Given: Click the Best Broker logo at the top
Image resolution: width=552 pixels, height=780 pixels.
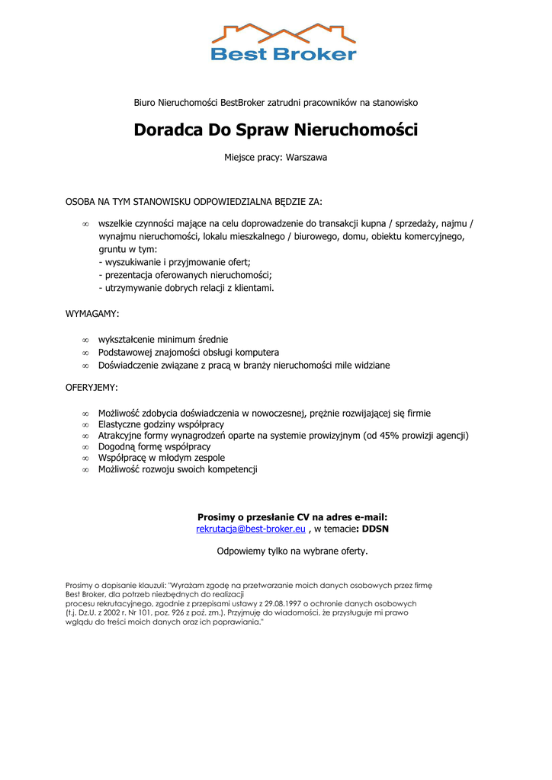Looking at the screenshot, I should click(283, 42).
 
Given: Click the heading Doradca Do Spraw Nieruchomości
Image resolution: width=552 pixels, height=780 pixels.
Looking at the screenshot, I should click(276, 129).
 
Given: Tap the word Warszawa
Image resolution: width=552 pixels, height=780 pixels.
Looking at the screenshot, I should click(306, 158).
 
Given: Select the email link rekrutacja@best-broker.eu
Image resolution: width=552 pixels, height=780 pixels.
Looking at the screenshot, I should click(251, 529).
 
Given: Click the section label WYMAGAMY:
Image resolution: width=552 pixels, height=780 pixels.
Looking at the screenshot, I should click(92, 314).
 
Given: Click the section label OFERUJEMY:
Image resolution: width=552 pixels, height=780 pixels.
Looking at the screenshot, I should click(91, 388).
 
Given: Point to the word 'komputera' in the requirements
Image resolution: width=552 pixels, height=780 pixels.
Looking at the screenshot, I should click(257, 353).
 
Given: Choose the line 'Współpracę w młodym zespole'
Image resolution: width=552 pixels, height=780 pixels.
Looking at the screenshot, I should click(161, 459).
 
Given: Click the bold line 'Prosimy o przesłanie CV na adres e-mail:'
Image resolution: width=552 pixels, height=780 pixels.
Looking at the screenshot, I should click(292, 516).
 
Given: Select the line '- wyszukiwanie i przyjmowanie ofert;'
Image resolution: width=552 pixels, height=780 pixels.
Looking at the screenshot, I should click(175, 262).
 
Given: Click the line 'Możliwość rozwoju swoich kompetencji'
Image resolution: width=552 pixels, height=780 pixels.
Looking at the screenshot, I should click(178, 470).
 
